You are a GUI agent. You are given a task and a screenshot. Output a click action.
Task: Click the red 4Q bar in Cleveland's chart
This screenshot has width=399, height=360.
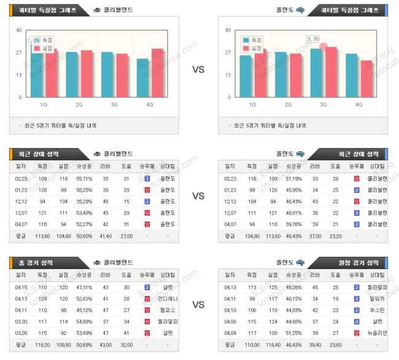(x=158, y=72)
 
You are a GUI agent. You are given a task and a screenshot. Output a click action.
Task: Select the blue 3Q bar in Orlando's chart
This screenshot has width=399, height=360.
(x=317, y=72)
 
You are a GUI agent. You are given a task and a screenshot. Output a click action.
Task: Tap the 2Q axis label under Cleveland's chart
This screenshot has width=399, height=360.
(x=79, y=104)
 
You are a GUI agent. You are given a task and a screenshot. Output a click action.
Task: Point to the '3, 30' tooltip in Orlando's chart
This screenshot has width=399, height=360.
(x=313, y=39)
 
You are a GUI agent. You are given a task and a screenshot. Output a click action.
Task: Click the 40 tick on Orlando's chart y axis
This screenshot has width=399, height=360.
(x=229, y=29)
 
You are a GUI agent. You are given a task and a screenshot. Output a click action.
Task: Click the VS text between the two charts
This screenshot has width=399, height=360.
(x=198, y=69)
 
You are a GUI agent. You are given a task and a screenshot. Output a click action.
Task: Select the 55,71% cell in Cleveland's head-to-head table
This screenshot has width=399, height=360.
(x=85, y=178)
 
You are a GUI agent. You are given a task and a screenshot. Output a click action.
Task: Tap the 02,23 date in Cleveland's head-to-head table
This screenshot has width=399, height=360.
(x=21, y=178)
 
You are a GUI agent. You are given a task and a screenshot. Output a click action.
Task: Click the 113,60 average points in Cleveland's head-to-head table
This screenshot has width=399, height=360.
(x=43, y=235)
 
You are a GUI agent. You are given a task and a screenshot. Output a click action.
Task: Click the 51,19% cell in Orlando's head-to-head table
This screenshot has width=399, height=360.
(x=293, y=178)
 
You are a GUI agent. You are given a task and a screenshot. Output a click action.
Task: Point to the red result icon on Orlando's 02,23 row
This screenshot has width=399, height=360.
(x=357, y=178)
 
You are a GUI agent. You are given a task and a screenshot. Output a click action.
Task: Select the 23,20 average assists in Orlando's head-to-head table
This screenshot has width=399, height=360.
(x=336, y=235)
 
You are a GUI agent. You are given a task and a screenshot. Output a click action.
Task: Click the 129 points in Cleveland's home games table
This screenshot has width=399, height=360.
(x=43, y=298)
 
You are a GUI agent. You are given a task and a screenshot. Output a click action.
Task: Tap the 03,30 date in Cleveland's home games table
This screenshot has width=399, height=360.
(x=21, y=321)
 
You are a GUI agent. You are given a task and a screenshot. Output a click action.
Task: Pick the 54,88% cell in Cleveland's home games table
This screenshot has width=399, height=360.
(x=85, y=321)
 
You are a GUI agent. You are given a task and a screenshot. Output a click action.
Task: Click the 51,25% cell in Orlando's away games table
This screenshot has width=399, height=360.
(x=293, y=332)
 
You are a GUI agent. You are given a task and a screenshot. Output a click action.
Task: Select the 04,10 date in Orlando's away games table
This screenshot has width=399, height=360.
(x=230, y=310)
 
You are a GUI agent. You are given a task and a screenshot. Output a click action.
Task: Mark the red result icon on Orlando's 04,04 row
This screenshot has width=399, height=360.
(x=357, y=332)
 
